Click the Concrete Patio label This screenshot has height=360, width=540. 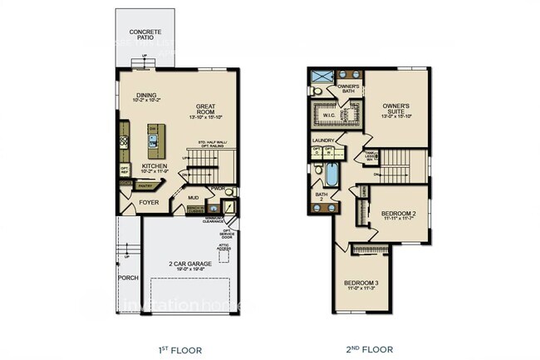(145, 36)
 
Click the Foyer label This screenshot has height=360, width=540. (149, 202)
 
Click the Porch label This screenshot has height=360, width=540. (127, 278)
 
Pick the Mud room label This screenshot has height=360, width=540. (192, 198)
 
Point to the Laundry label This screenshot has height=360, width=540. (323, 141)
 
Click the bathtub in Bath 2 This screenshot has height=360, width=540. (332, 176)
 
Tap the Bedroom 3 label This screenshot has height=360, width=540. (361, 285)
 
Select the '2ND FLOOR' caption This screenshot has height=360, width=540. (370, 349)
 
